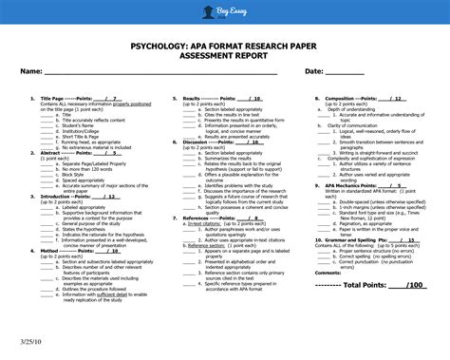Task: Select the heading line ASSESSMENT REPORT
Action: (x=224, y=57)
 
